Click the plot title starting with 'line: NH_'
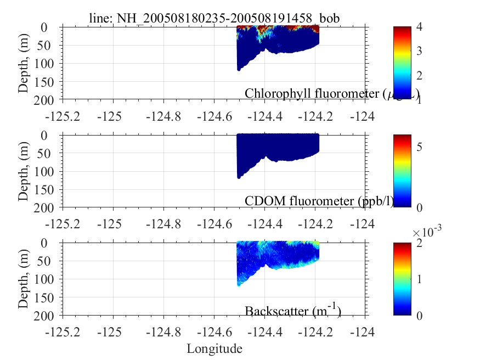(214, 18)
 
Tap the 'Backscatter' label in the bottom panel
(293, 311)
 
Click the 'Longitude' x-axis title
(214, 348)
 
